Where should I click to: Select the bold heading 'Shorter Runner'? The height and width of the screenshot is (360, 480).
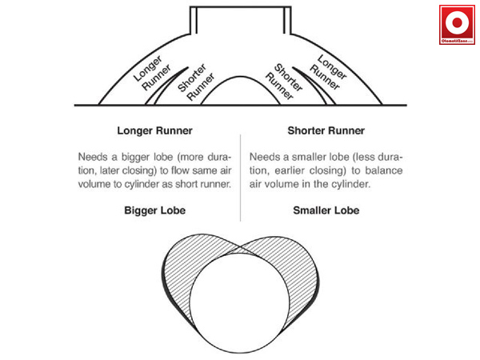tap(326, 130)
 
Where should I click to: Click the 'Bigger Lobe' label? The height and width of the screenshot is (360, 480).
tap(155, 211)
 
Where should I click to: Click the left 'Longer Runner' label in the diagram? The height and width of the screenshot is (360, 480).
tap(152, 74)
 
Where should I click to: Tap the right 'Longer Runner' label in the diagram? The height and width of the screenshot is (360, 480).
tap(328, 74)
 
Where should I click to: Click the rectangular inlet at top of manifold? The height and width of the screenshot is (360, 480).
tap(240, 18)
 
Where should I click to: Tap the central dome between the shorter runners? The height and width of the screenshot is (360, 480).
tap(240, 93)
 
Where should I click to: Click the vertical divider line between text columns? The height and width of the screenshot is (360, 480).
tap(241, 172)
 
